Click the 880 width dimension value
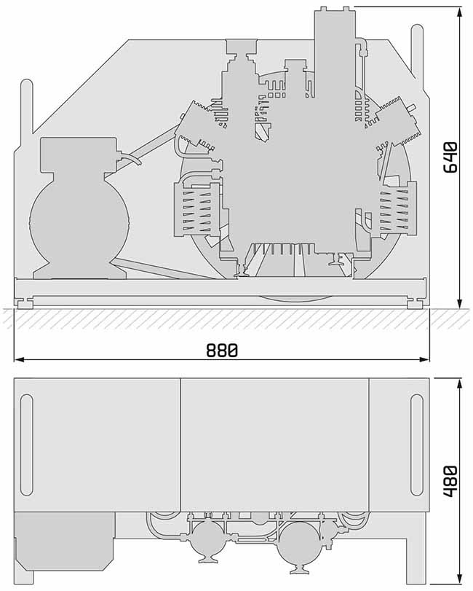[222, 351]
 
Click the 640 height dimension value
[450, 157]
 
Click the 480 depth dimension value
[450, 481]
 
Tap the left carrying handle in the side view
[26, 106]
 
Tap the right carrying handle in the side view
[417, 52]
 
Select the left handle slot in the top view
[27, 445]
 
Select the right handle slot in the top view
[416, 445]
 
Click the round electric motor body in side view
[79, 223]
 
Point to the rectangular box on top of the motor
[79, 154]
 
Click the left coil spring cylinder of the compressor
[196, 209]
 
